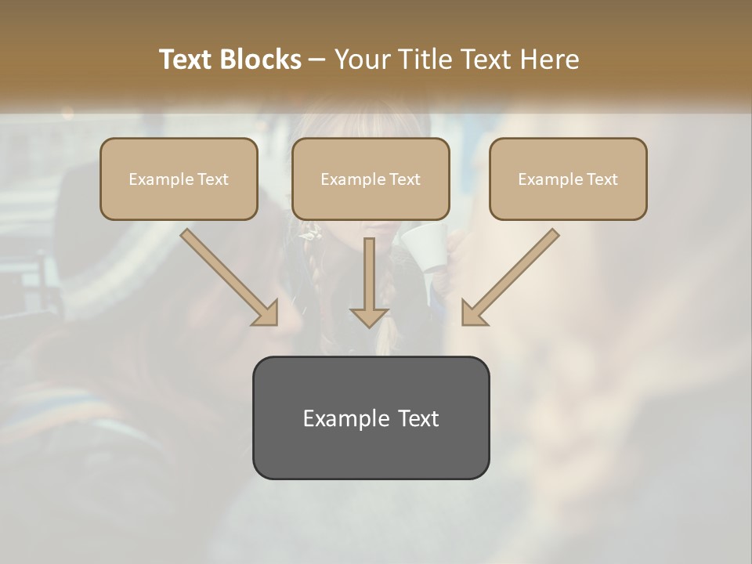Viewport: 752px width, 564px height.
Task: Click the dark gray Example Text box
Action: point(371,446)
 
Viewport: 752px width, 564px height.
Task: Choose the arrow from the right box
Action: point(513,274)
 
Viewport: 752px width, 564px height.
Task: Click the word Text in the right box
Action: point(602,179)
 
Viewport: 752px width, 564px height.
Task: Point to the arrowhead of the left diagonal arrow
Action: point(266,314)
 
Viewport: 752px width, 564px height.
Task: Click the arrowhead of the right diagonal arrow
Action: point(473,313)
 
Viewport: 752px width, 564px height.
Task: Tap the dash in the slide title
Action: point(317,60)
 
